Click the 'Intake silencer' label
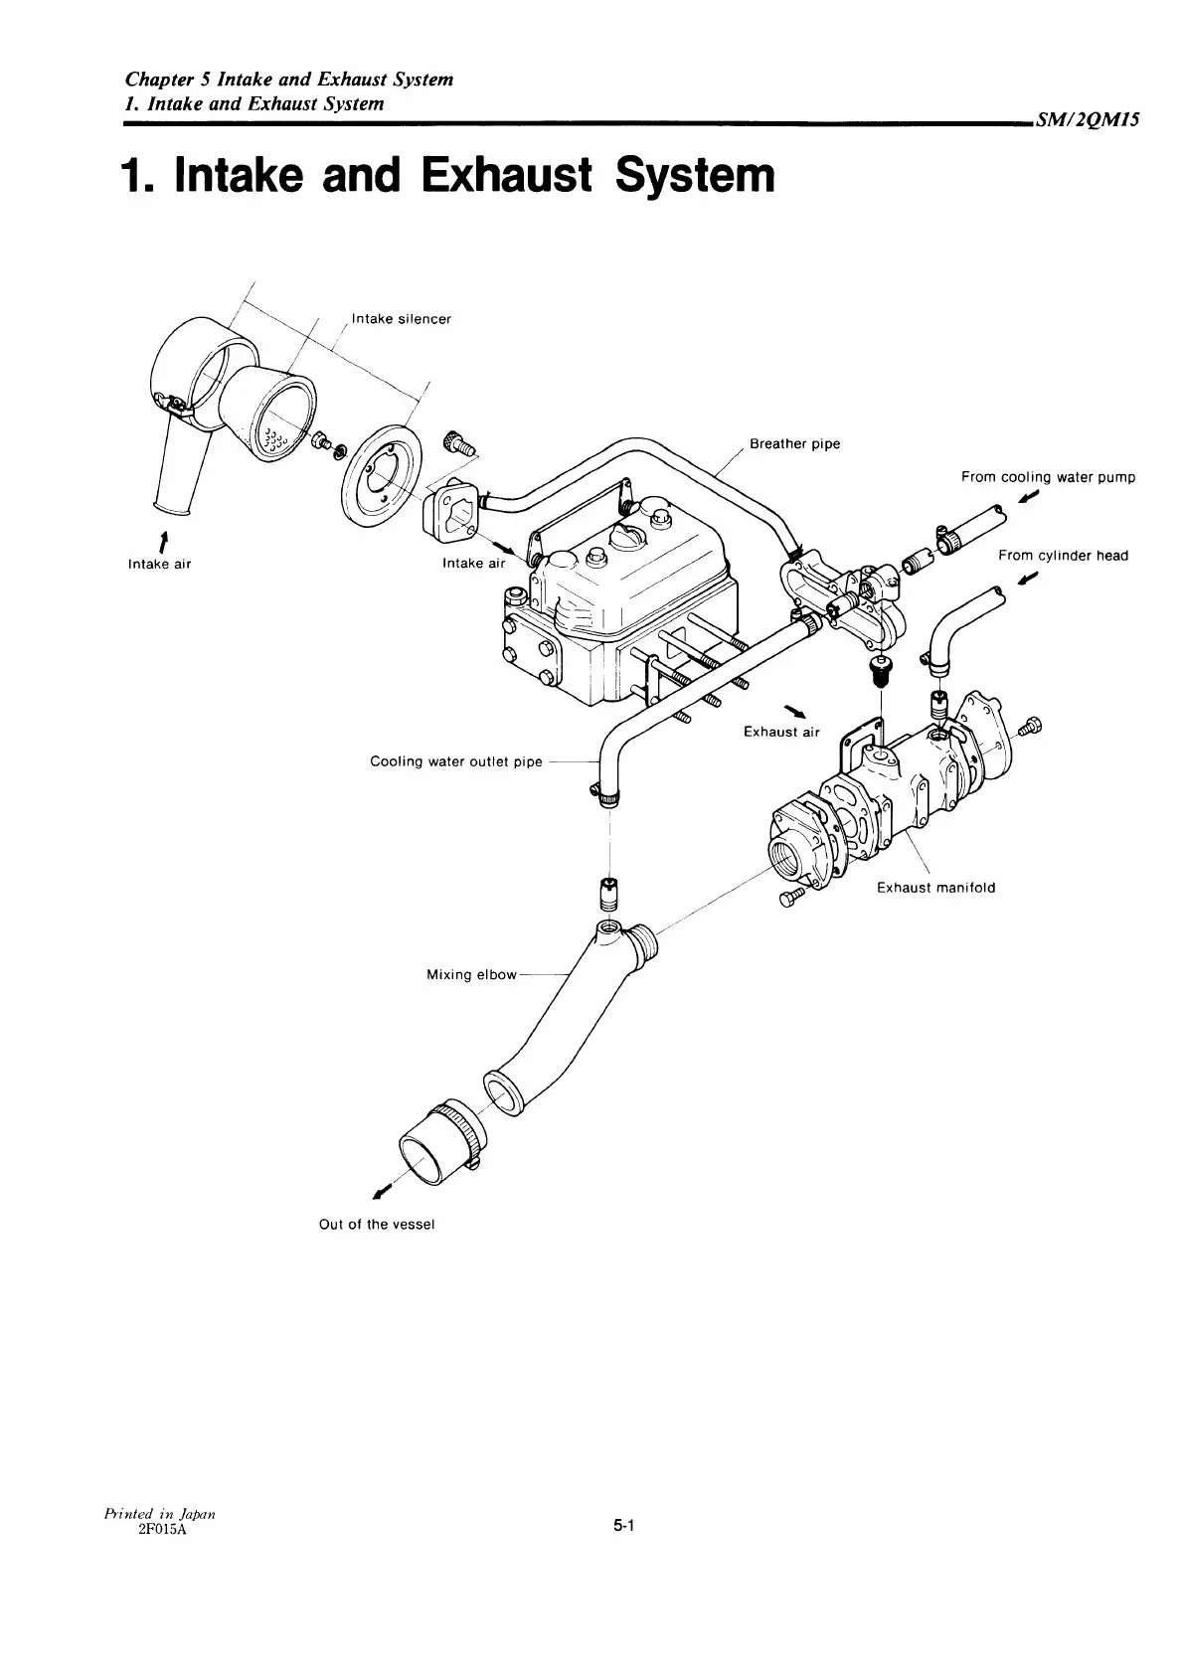402,319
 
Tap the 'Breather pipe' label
794,444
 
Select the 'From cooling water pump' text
1048,477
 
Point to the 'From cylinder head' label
1063,556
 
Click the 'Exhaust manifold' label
935,888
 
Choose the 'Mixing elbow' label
471,975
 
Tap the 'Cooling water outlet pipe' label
456,762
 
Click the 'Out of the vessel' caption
377,1225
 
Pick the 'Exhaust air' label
781,733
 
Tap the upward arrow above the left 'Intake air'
161,542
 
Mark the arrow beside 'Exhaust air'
796,710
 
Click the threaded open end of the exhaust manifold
790,856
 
